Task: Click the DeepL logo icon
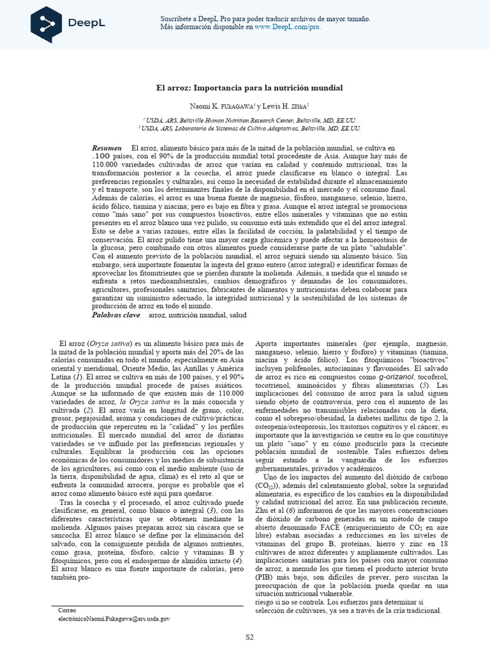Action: tap(47, 24)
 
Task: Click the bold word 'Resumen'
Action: tap(107, 148)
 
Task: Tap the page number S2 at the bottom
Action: tap(250, 636)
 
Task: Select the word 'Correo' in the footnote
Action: tap(67, 610)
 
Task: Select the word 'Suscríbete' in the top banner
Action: tap(176, 20)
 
